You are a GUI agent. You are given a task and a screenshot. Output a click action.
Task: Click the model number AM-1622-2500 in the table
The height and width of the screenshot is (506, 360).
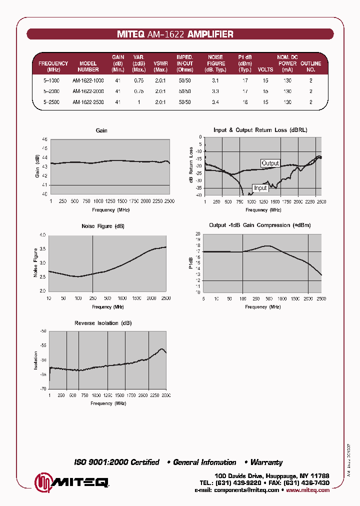coord(88,102)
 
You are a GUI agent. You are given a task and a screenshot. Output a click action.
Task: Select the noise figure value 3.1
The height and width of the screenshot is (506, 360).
coord(215,80)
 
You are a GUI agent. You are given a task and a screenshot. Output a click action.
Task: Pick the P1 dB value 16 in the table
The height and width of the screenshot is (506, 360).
coord(245,102)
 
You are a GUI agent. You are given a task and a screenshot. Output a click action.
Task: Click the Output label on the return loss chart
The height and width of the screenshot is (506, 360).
coord(270,163)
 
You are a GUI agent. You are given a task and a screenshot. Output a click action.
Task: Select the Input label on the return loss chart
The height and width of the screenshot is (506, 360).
coord(260,188)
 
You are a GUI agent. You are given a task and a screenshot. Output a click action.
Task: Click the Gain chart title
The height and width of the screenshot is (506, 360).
coord(101,130)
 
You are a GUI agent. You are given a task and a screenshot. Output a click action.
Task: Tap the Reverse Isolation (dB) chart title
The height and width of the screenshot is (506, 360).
coord(103,323)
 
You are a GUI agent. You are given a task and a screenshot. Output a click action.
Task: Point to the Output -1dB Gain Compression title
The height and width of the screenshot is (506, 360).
coord(259,225)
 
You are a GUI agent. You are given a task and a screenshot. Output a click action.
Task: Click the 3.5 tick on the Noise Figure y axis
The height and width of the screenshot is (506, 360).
coord(42,248)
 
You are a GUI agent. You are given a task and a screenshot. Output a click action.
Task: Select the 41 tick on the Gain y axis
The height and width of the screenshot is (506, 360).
coord(44,185)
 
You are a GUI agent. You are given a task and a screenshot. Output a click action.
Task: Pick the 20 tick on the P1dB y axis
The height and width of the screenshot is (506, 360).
coord(198,234)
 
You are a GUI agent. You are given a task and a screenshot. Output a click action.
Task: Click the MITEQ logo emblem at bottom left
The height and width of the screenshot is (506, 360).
coord(42,482)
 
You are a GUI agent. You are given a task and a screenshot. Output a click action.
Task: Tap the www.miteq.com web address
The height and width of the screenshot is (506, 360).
coord(307,490)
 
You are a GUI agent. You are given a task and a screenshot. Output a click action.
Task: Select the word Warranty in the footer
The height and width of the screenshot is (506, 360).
coord(266,462)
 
